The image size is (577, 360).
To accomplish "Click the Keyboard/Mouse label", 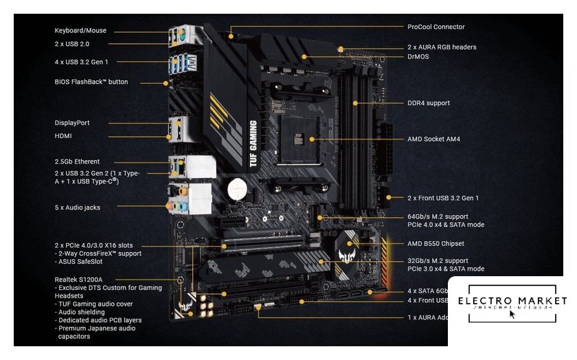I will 80,30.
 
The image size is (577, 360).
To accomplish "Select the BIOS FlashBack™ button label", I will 91,82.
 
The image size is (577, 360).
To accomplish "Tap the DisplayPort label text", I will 72,122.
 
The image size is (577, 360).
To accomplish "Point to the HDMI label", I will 64,135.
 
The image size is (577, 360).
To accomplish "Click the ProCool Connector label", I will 436,27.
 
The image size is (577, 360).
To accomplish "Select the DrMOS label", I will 419,56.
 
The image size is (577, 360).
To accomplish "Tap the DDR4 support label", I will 429,103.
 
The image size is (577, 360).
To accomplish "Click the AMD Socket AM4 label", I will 433,139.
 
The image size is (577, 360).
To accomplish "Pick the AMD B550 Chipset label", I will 435,243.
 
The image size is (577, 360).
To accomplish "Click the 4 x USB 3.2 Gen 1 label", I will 87,63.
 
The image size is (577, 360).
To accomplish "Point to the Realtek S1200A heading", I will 79,280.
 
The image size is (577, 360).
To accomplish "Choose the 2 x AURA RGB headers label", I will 442,47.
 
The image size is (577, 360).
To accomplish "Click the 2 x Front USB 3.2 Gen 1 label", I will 443,198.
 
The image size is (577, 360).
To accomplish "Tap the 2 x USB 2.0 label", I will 72,43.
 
